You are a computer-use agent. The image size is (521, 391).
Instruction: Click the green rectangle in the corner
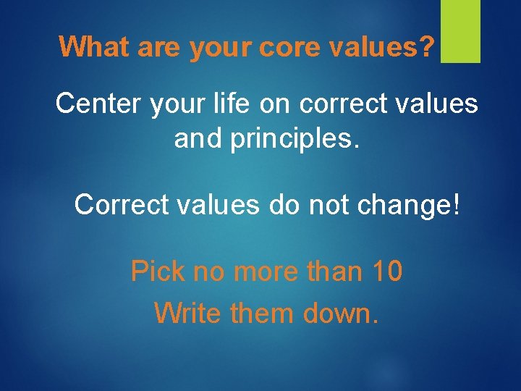pyautogui.click(x=460, y=31)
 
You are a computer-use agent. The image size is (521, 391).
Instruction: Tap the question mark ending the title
pyautogui.click(x=428, y=48)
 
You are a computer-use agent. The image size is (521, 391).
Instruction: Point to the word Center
pyautogui.click(x=100, y=104)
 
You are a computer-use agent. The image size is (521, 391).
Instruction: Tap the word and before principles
pyautogui.click(x=198, y=139)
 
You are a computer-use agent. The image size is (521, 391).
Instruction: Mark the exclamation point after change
pyautogui.click(x=454, y=205)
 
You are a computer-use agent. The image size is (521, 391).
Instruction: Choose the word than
pyautogui.click(x=330, y=272)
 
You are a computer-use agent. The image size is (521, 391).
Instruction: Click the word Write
pyautogui.click(x=189, y=314)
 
